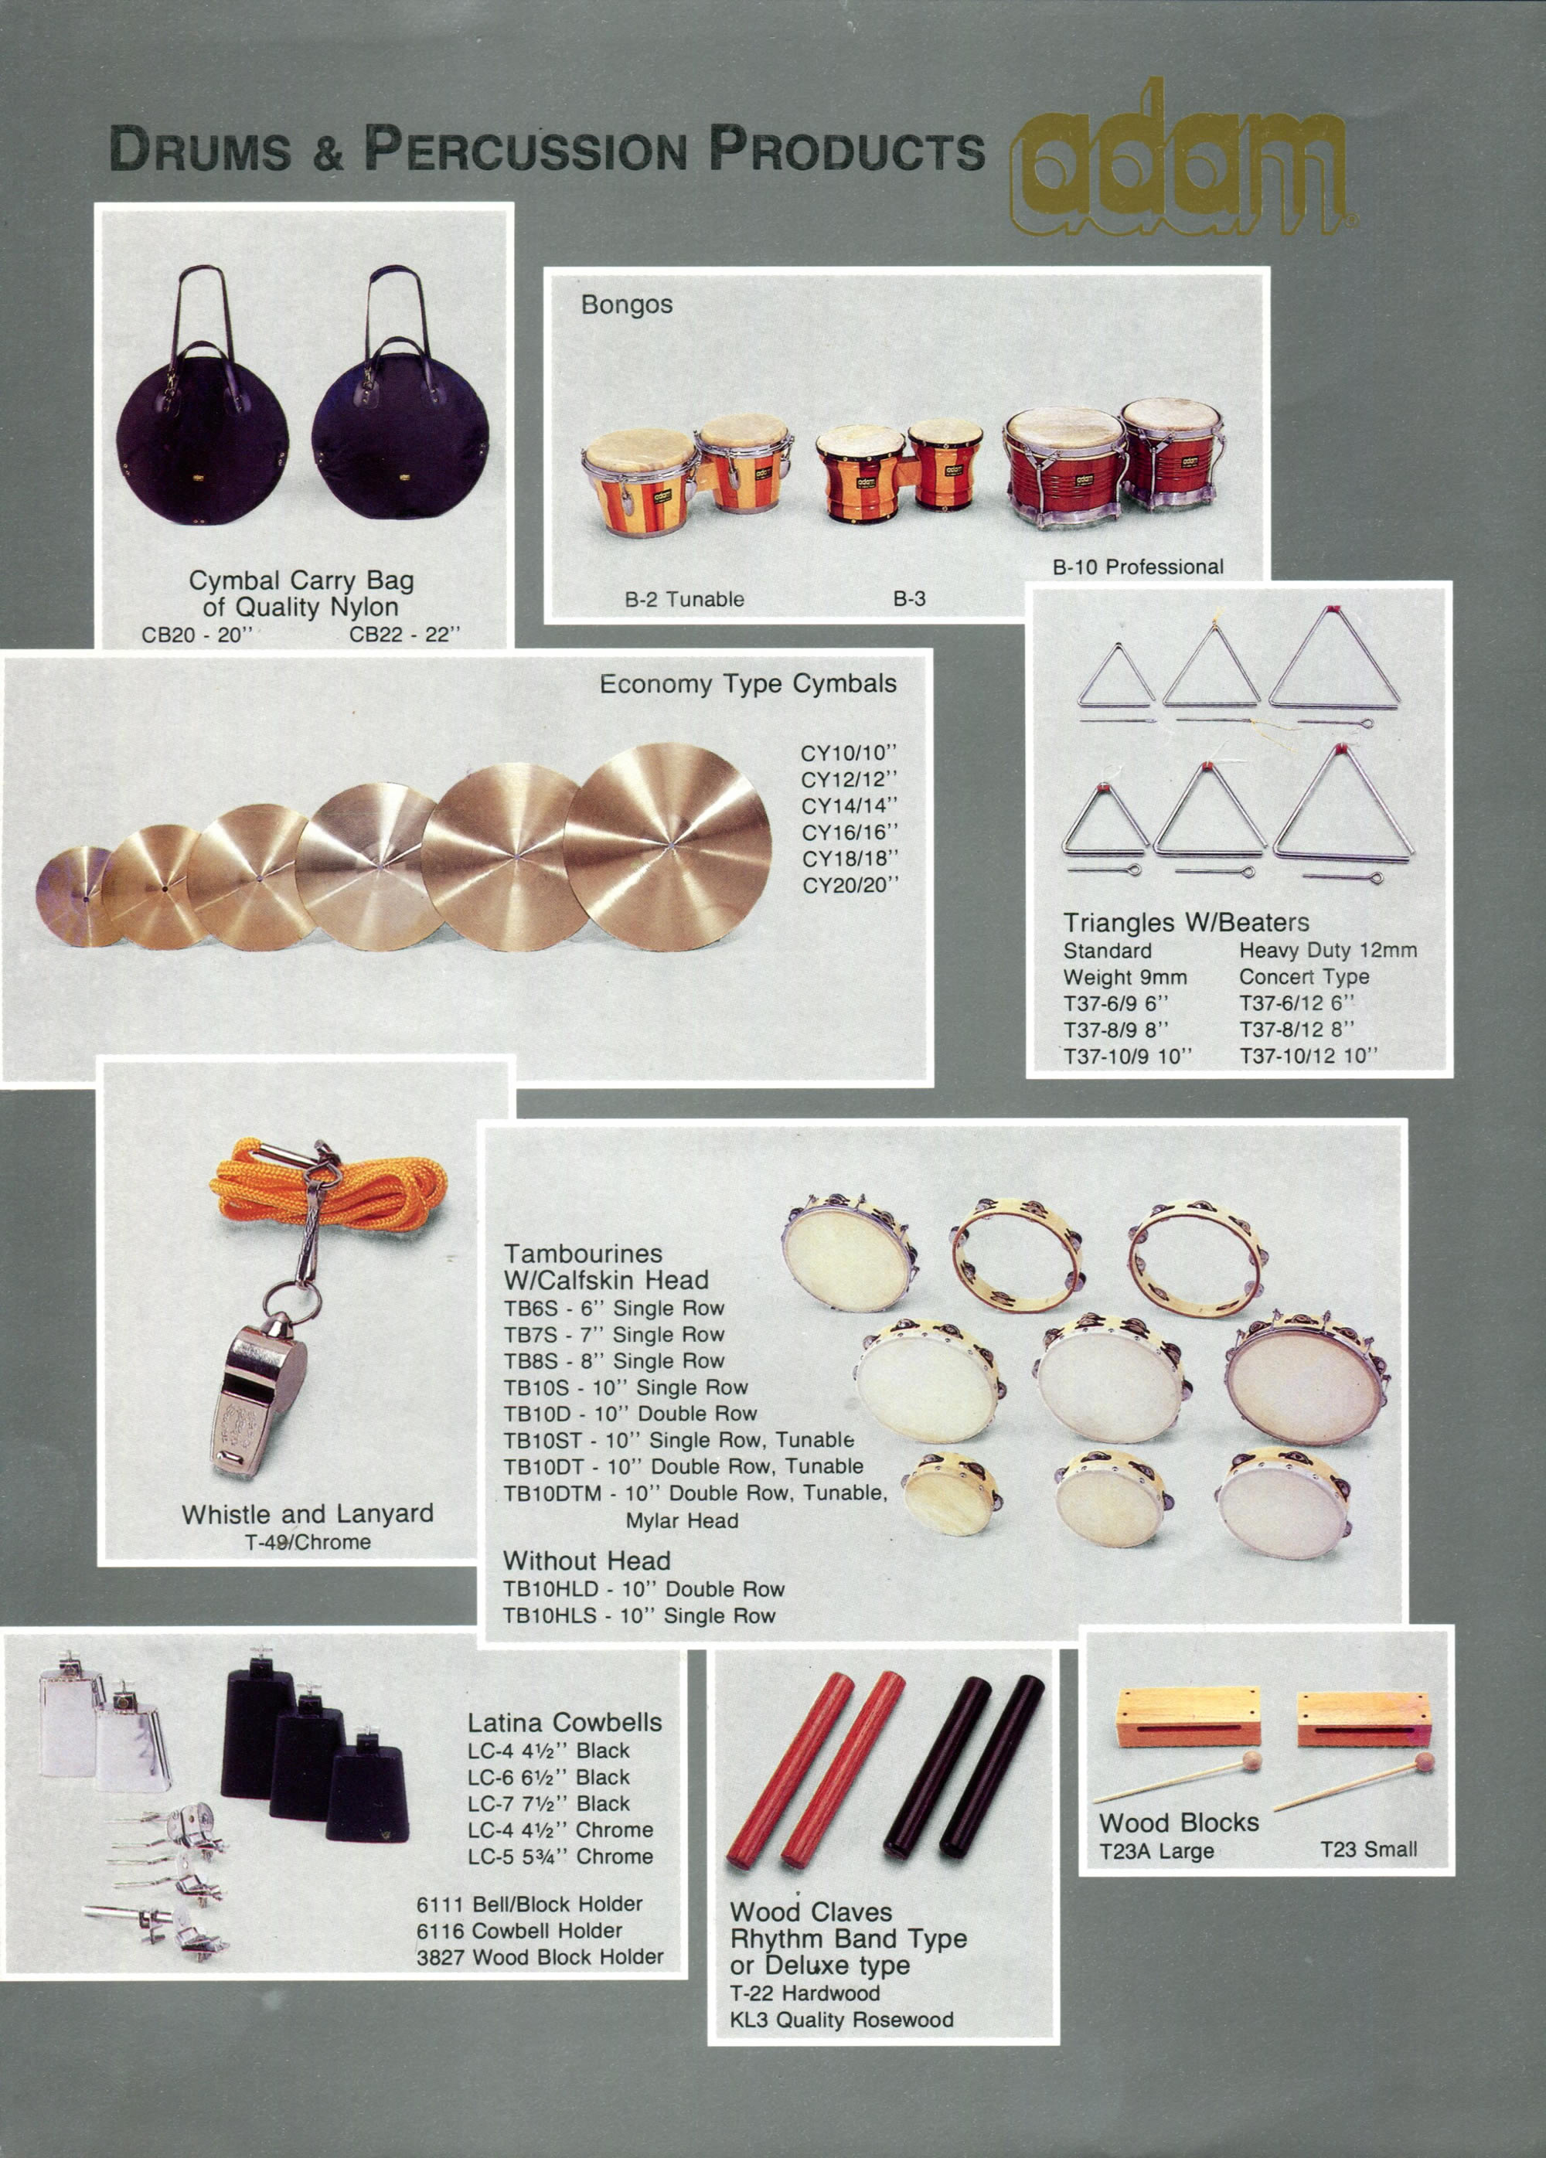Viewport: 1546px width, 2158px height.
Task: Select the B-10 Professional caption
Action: click(1138, 567)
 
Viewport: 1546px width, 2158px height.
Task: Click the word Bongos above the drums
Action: click(627, 305)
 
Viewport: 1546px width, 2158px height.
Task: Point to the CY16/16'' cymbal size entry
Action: click(850, 832)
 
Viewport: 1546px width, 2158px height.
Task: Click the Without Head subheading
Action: click(587, 1561)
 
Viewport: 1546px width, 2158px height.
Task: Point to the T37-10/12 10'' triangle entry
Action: click(1308, 1055)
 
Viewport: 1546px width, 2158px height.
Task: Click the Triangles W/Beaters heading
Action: click(1187, 922)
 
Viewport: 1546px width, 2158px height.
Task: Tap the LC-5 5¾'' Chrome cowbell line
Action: click(560, 1857)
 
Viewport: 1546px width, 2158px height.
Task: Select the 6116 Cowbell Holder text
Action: click(519, 1931)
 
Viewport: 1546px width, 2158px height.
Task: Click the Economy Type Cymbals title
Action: click(747, 684)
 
